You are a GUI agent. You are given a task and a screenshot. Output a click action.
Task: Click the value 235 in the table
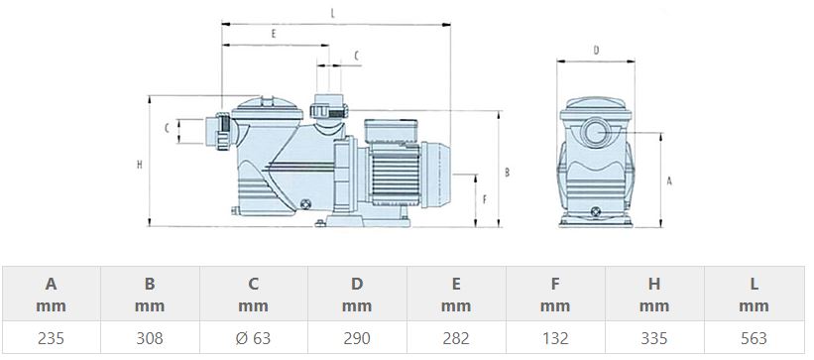tap(51, 338)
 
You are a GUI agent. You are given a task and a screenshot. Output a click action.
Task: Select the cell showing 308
tap(150, 338)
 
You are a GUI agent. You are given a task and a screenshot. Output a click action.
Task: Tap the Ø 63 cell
tap(254, 338)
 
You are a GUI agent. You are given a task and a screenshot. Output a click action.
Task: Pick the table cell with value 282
tap(456, 338)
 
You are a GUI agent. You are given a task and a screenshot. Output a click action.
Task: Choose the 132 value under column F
tap(555, 338)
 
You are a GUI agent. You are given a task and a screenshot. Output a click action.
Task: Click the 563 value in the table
tap(754, 338)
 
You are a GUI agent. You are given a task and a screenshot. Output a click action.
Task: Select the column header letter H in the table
tap(654, 284)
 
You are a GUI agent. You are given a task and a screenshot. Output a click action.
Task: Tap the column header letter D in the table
tap(357, 284)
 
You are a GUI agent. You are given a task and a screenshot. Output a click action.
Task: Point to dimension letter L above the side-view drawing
tap(333, 14)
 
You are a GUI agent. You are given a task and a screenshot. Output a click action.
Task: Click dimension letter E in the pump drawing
tap(274, 35)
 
